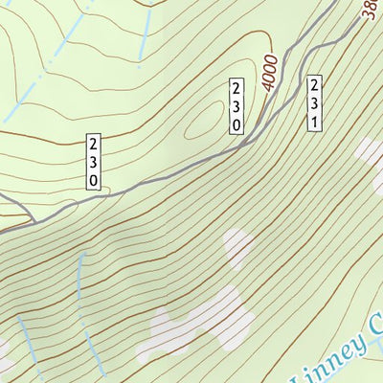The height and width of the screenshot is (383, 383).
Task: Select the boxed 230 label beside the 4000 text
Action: (x=237, y=106)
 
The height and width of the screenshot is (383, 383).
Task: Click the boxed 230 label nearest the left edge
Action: (x=93, y=161)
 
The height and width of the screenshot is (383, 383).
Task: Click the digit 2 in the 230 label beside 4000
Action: (x=237, y=89)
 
